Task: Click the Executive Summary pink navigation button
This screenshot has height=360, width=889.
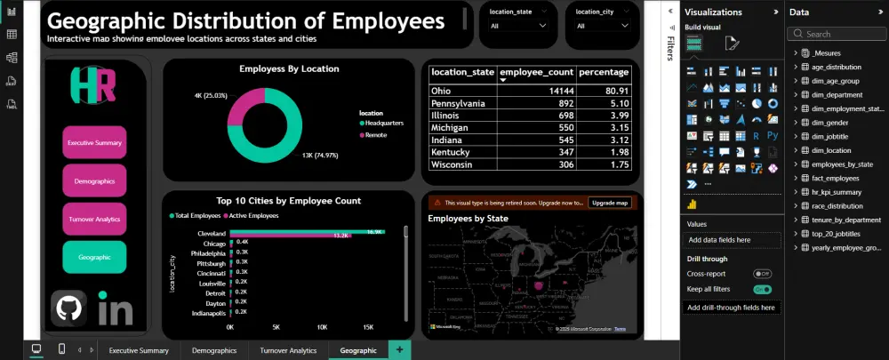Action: tap(94, 142)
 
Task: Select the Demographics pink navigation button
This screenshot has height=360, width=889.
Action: tap(94, 180)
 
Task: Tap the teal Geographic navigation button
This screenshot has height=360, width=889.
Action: tap(94, 257)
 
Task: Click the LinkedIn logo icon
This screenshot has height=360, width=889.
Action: tap(115, 310)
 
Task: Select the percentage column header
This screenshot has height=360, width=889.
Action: tap(604, 72)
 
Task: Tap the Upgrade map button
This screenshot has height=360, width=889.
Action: tap(609, 203)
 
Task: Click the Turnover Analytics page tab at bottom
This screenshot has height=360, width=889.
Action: tap(288, 350)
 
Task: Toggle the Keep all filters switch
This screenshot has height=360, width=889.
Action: tap(762, 289)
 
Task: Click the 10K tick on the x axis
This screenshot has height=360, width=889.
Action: tap(322, 327)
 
